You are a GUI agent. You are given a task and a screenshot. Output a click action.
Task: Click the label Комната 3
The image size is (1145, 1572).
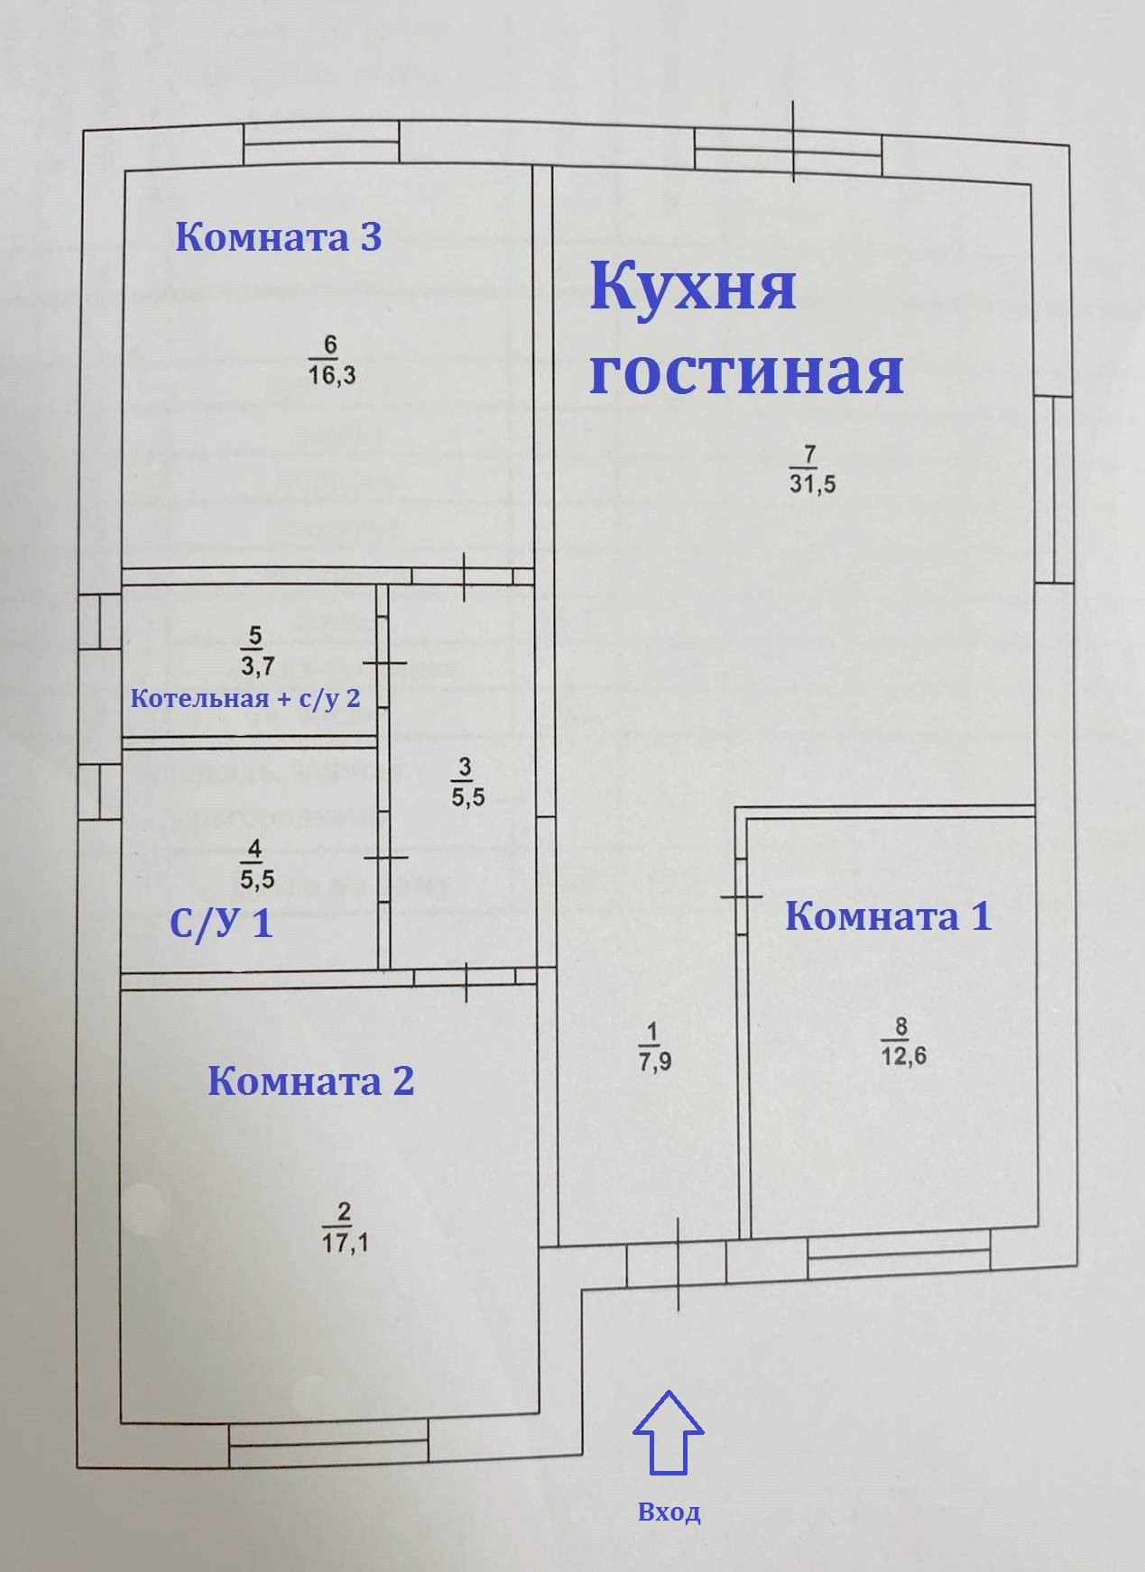coord(279,237)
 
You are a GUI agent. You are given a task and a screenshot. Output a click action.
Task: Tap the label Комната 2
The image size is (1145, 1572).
coord(311,1080)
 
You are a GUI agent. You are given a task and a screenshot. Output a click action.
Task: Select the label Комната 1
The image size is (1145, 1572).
coord(889,916)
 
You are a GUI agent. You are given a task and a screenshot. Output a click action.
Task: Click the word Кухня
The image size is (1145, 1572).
coord(693,286)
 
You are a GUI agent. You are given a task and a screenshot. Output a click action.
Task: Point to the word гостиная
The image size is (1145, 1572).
coord(746,372)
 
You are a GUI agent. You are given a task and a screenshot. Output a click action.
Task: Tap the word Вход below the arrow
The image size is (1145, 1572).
coord(669,1512)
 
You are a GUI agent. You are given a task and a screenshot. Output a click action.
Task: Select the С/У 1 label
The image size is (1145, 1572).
coord(221,924)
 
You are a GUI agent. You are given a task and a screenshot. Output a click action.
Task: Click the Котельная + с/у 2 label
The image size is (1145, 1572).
coord(246,698)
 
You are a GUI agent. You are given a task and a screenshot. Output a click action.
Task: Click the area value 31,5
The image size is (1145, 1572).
coord(812,483)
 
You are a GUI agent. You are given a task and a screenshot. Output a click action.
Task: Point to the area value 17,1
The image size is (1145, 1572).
coord(345,1243)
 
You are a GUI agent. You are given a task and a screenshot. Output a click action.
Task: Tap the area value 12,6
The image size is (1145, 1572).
coord(902,1056)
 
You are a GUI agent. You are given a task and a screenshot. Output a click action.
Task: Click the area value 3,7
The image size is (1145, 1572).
coord(254,666)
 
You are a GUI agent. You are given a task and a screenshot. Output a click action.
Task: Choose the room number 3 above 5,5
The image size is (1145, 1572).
coord(465,768)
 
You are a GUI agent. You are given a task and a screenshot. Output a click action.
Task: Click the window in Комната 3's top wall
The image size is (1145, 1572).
coord(321,145)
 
